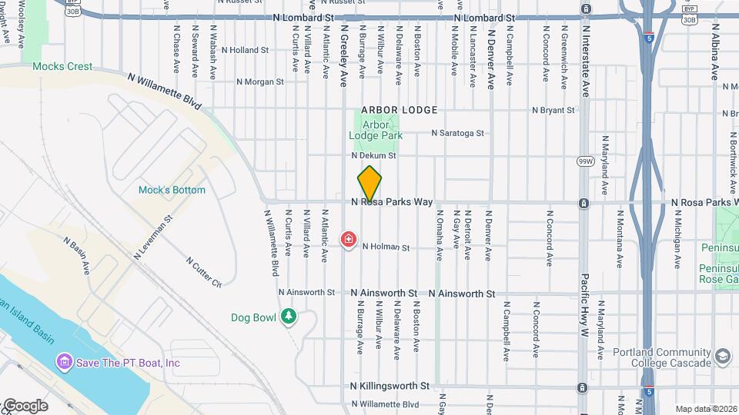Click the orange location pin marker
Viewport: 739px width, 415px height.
369,184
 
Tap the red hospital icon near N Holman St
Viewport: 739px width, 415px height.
348,241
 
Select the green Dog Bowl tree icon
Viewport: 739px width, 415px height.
289,316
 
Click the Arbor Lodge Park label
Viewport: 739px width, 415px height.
376,130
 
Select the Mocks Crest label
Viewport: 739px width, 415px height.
62,67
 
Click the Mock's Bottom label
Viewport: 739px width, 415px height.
172,190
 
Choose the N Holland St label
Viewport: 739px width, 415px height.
245,50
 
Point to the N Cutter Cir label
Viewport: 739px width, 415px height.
203,272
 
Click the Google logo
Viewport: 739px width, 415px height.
25,405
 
